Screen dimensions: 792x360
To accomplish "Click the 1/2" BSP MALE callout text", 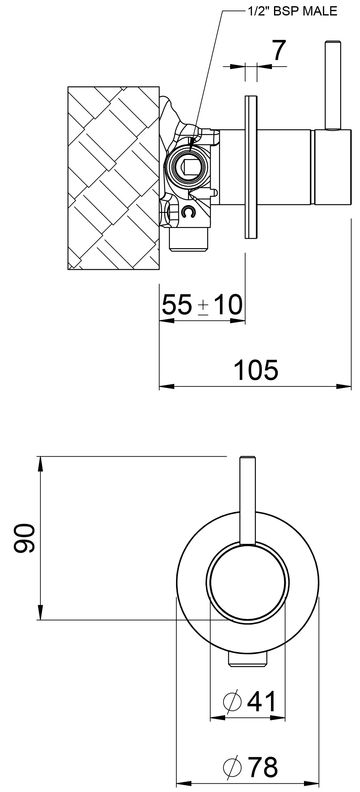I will (x=292, y=11).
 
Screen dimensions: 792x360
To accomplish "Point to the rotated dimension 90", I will (x=24, y=538).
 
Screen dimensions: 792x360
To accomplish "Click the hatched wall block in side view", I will (x=114, y=178).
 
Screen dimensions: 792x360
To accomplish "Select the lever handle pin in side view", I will (x=333, y=85).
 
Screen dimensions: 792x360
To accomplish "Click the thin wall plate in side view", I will (x=251, y=167).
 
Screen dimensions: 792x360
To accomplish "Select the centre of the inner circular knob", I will (x=247, y=583).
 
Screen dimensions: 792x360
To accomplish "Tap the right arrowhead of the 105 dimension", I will (x=344, y=386).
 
